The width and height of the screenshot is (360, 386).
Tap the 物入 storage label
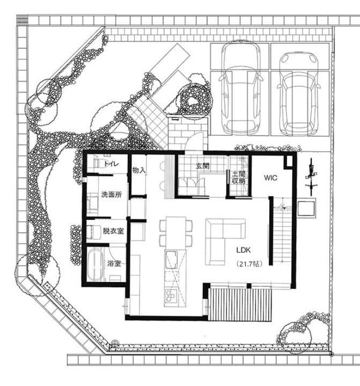tap(139, 170)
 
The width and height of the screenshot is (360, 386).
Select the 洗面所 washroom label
tap(112, 194)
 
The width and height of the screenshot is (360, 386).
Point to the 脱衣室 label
tap(113, 231)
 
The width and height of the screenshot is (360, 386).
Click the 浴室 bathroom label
tap(114, 264)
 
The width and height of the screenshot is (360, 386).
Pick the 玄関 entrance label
tap(203, 166)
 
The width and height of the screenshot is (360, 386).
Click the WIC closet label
tap(271, 178)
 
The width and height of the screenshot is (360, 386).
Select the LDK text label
tap(244, 250)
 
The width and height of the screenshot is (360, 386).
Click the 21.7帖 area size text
tap(249, 264)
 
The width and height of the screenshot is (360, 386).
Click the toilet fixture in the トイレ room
tap(99, 163)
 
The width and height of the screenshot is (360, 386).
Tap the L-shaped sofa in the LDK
tap(225, 241)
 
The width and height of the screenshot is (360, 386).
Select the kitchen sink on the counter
tap(172, 260)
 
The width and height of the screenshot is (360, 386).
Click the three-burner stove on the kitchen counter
tap(171, 296)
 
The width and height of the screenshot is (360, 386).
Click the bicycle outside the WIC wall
tap(311, 177)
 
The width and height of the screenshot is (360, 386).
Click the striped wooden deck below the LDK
tap(240, 305)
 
